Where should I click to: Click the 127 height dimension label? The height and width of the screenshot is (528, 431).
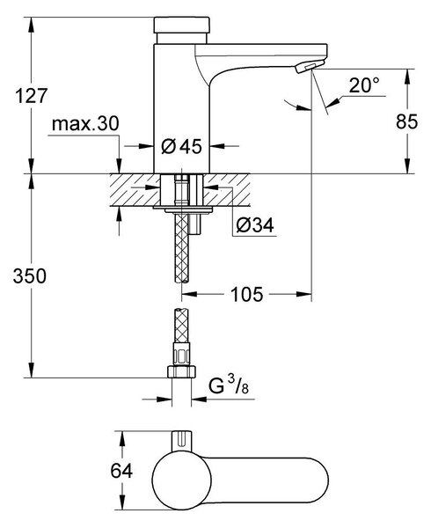coord(31,96)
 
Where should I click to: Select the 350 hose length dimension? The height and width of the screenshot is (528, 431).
coord(30,275)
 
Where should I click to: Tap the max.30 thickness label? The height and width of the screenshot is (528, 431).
coord(85,123)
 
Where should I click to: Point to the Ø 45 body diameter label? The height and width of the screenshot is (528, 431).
coord(181,146)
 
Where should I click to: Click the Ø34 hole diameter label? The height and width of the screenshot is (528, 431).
coord(255,224)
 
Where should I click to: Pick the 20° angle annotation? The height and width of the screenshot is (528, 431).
coord(364,85)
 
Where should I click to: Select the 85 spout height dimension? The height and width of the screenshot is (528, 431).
coord(406,121)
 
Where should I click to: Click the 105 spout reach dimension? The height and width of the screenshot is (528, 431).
coord(246,294)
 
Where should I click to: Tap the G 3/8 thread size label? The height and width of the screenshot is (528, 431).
coord(229,386)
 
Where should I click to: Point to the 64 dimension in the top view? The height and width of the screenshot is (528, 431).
coord(121,471)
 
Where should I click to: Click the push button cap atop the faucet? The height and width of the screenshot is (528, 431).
coord(182,26)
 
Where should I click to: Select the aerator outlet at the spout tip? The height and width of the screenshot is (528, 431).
coord(310,66)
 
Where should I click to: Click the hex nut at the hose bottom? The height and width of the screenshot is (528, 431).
coord(181,371)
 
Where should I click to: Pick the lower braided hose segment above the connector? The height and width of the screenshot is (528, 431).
coord(182,326)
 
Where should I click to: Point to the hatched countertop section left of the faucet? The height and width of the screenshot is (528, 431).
coord(135,190)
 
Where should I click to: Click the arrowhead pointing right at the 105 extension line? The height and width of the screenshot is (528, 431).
coord(303,294)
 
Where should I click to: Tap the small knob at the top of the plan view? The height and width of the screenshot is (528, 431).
coord(182,440)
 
